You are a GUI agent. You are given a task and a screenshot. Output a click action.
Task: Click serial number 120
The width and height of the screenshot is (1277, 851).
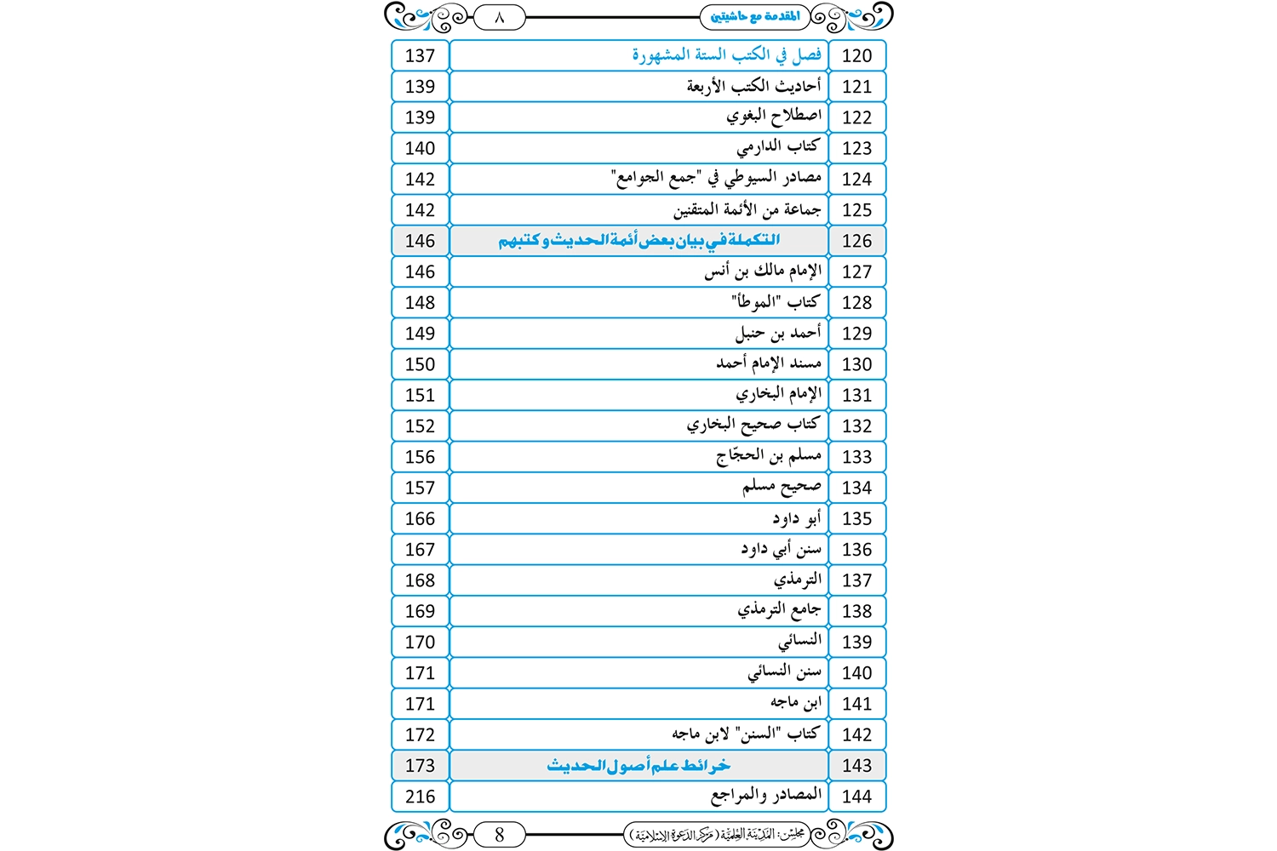(856, 55)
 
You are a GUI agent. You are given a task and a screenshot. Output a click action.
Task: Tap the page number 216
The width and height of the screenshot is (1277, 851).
(420, 797)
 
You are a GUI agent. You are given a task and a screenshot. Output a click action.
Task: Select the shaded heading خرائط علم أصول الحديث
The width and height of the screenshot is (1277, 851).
(638, 766)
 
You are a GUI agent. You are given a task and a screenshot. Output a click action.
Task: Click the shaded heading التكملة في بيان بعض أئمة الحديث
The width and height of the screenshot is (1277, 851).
(638, 241)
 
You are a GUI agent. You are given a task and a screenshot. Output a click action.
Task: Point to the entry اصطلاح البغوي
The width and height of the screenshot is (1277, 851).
(774, 117)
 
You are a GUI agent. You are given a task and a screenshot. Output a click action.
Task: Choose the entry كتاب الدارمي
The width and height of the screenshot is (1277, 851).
(778, 147)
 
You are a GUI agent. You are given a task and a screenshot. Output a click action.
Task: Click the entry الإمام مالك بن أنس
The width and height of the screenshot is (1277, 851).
(763, 271)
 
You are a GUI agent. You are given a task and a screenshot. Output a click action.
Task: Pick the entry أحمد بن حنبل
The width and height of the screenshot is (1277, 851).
(778, 333)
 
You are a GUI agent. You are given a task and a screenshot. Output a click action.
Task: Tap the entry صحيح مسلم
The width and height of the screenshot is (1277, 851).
(782, 487)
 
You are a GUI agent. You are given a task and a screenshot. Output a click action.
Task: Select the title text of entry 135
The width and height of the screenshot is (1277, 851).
(797, 518)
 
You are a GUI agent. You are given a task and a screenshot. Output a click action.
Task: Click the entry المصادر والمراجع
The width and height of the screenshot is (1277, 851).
(766, 796)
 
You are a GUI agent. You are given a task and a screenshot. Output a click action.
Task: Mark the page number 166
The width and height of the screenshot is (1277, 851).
(420, 518)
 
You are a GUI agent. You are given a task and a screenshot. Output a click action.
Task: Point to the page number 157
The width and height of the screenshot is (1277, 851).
(420, 488)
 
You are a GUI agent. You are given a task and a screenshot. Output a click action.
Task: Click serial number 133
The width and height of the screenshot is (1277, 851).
(856, 457)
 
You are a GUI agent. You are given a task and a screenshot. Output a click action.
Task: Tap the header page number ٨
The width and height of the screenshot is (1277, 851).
(499, 16)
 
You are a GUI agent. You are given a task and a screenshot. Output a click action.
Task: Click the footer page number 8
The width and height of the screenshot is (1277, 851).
(499, 835)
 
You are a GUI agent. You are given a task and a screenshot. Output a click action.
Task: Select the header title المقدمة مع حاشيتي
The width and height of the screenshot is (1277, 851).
(755, 16)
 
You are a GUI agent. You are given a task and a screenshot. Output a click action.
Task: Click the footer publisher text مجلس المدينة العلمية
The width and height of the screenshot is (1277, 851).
(717, 835)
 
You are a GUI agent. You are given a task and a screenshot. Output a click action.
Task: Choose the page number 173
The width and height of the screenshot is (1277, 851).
(420, 766)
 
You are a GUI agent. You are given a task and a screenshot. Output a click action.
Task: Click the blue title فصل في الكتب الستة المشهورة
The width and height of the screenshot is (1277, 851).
(726, 55)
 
